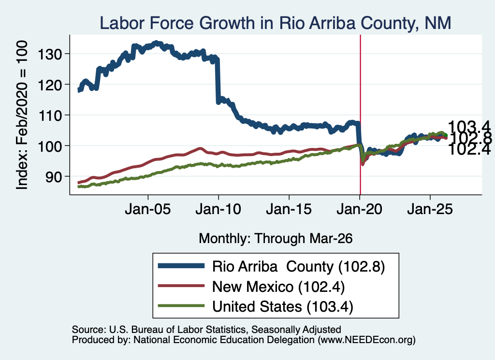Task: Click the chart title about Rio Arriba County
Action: (x=275, y=23)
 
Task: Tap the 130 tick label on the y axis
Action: (x=50, y=54)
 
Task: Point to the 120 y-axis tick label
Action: (x=50, y=85)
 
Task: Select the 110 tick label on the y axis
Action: (x=50, y=116)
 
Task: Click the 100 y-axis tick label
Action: (x=50, y=146)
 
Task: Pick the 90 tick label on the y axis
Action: (x=54, y=177)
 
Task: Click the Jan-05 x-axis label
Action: (x=148, y=209)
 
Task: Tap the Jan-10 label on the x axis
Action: (x=218, y=209)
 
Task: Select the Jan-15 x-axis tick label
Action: (x=289, y=209)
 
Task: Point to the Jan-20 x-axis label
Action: (x=360, y=209)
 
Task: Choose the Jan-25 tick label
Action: (x=430, y=209)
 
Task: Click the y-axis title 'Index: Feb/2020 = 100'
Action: (x=22, y=115)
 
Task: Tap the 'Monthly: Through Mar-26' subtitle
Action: (x=276, y=239)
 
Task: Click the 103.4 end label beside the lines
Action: (x=469, y=127)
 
